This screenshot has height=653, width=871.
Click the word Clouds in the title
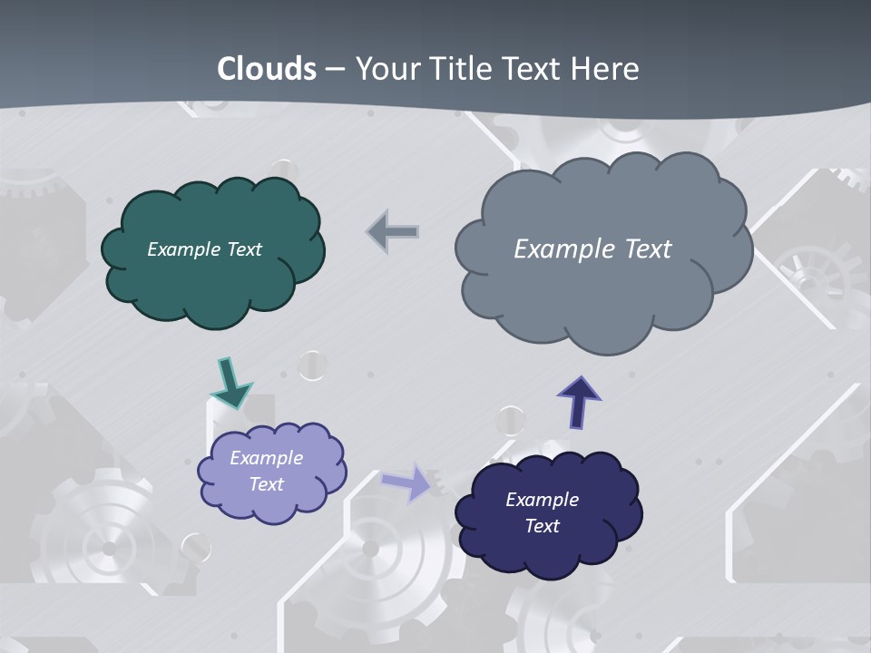click(267, 69)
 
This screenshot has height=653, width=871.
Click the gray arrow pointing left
click(394, 231)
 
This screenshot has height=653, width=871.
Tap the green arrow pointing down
click(230, 383)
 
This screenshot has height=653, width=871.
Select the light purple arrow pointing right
click(407, 482)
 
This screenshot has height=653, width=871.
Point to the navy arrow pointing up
click(579, 401)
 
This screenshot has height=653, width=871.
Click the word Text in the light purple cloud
click(267, 484)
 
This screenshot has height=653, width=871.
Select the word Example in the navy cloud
click(542, 500)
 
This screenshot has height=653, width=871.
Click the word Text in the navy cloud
click(543, 526)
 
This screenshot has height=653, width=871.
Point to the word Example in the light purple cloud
click(267, 458)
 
